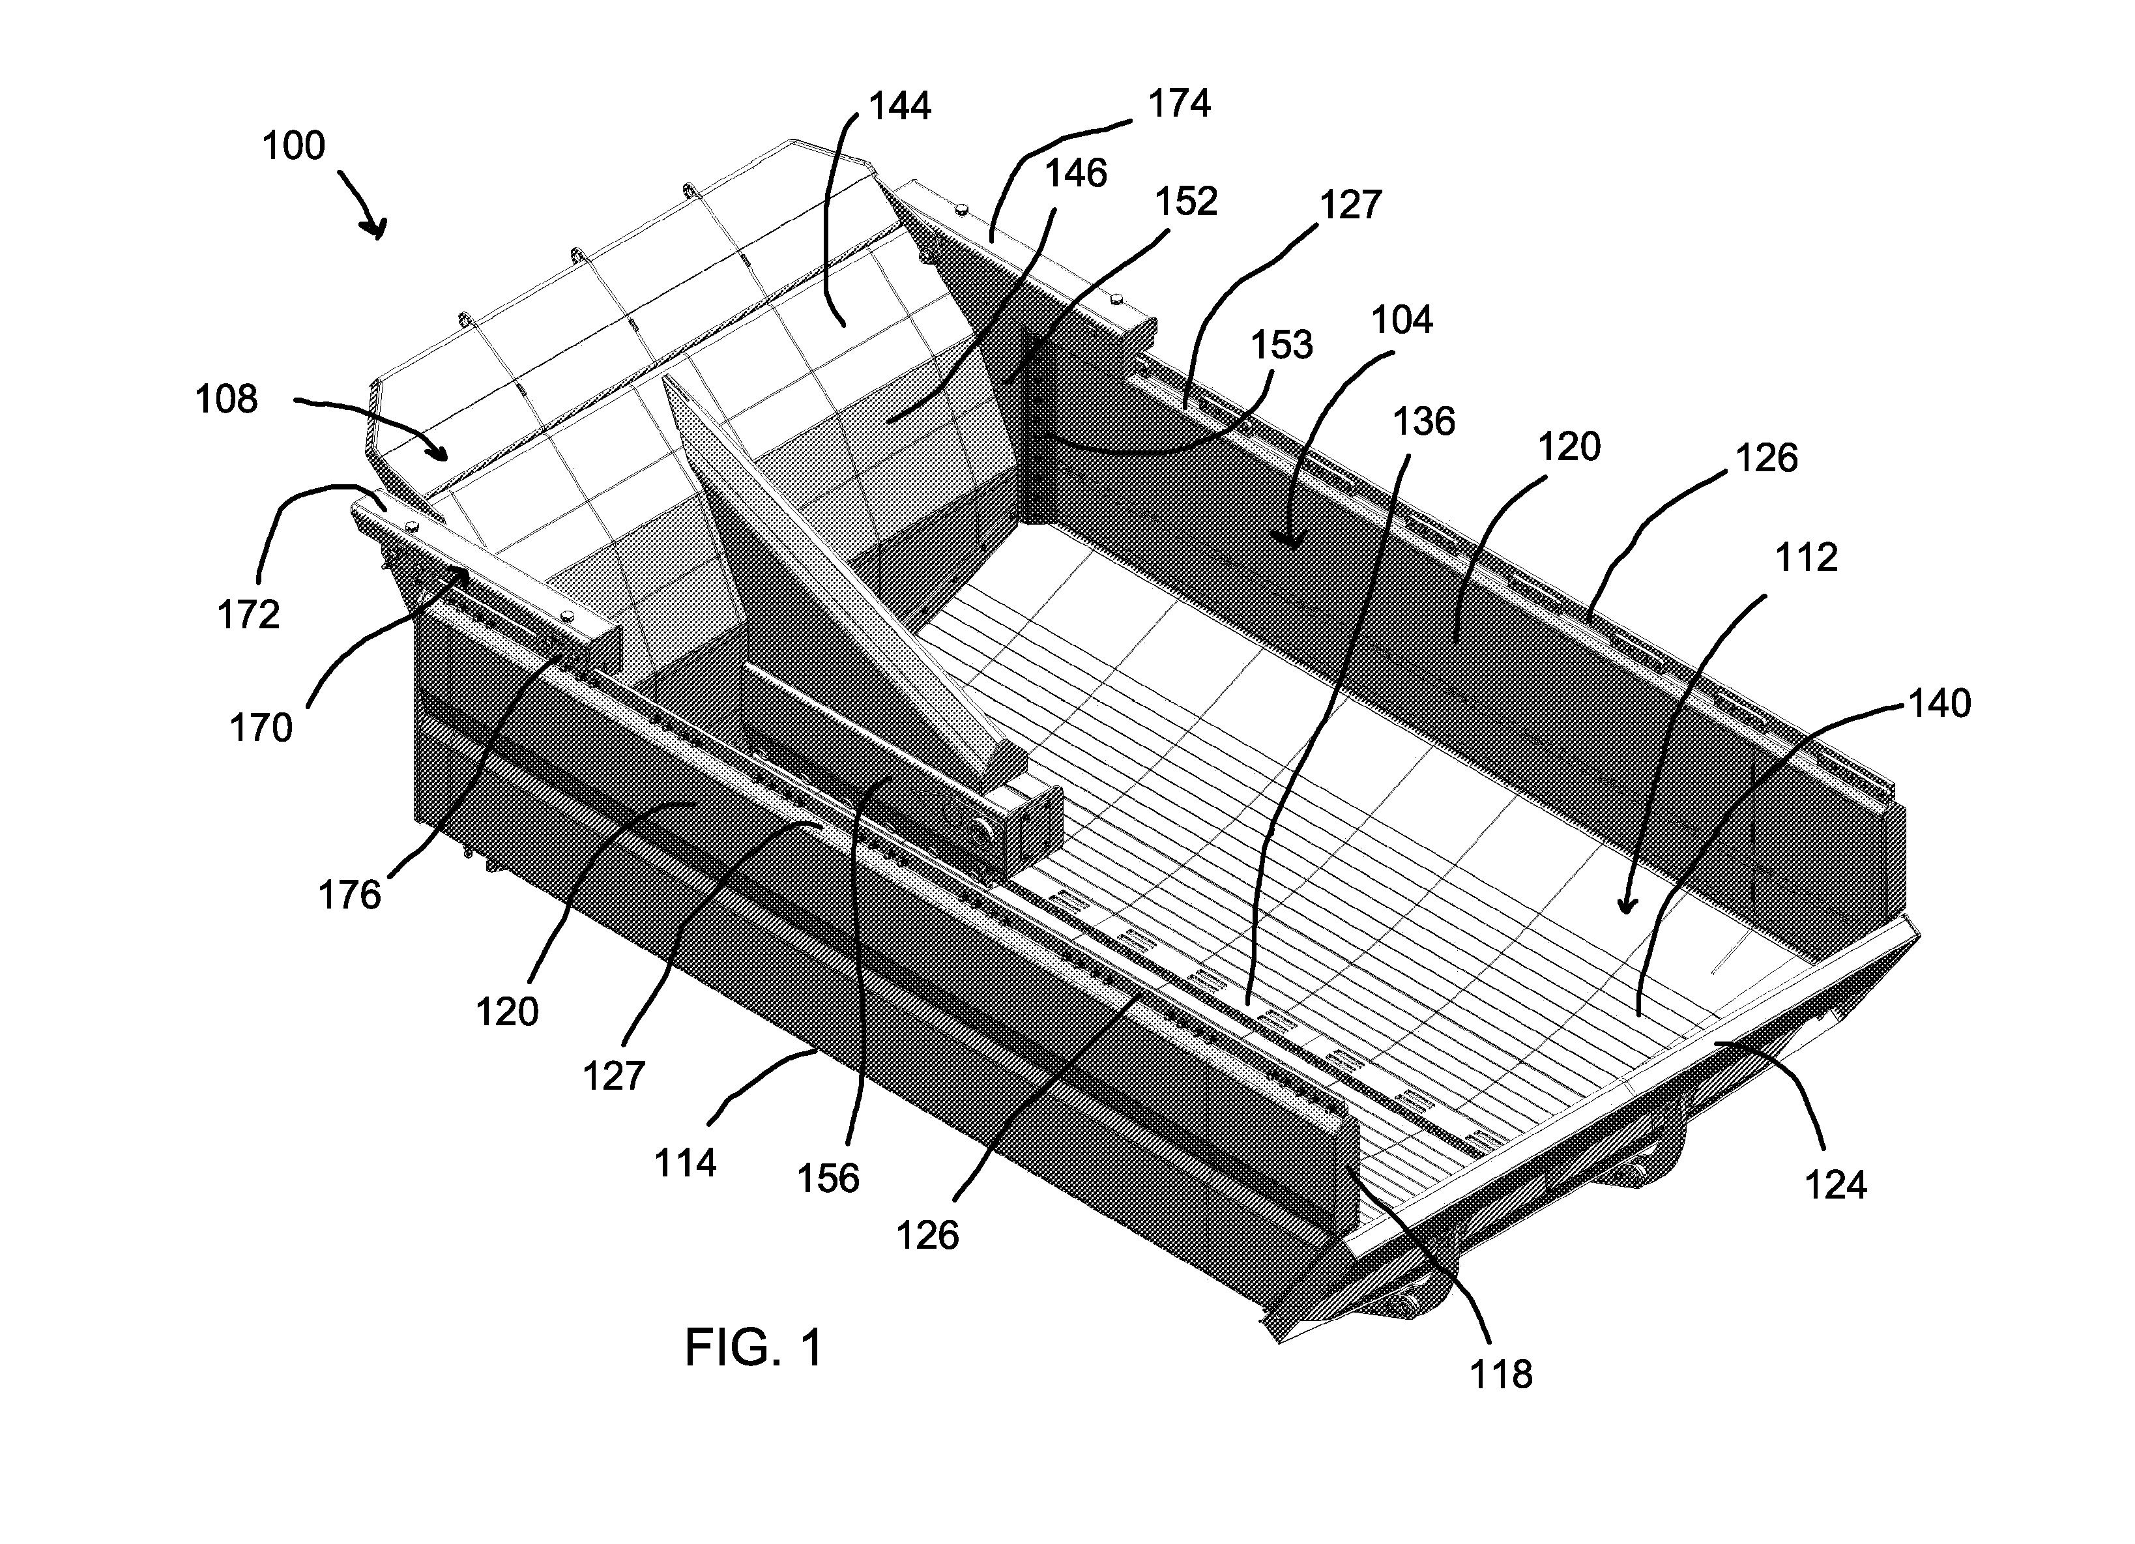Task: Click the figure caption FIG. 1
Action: pyautogui.click(x=753, y=1347)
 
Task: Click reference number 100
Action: pyautogui.click(x=294, y=146)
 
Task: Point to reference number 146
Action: pyautogui.click(x=1076, y=173)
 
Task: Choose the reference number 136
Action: pyautogui.click(x=1424, y=422)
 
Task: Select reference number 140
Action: pyautogui.click(x=1939, y=703)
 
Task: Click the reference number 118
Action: pyautogui.click(x=1502, y=1375)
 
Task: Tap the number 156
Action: pyautogui.click(x=828, y=1179)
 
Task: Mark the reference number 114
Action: pyautogui.click(x=686, y=1163)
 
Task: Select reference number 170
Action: pyautogui.click(x=261, y=728)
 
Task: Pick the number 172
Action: pyautogui.click(x=248, y=615)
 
